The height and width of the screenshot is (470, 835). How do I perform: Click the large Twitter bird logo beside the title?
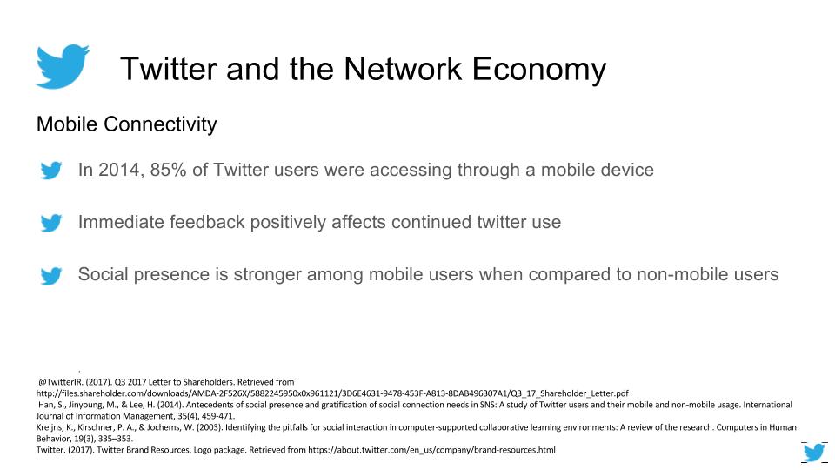(x=63, y=66)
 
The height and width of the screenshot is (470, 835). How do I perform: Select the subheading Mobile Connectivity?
(x=126, y=124)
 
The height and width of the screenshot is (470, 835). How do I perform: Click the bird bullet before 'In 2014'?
(x=51, y=171)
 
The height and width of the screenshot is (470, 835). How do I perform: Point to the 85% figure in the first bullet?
(x=168, y=170)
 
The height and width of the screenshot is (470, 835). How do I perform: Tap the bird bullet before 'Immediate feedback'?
(x=51, y=223)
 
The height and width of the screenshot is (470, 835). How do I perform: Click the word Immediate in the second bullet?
(x=119, y=222)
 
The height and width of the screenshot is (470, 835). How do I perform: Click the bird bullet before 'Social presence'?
(x=51, y=276)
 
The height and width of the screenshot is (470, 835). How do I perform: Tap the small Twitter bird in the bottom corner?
(x=814, y=453)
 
